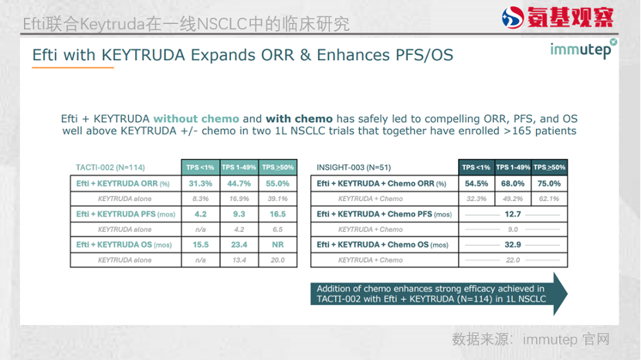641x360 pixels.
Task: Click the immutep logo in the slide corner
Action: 583,49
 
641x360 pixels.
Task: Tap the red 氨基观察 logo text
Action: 570,17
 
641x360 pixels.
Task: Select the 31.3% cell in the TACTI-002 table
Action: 200,184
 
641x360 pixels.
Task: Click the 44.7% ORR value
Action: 239,184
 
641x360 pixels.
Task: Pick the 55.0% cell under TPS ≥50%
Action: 277,184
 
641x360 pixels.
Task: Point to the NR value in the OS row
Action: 277,245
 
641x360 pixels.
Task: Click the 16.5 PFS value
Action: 277,214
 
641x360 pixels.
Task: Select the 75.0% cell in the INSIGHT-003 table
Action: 549,184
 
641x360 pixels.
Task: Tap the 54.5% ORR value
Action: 477,184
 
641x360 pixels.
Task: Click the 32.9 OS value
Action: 513,245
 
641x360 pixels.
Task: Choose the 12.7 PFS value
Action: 513,214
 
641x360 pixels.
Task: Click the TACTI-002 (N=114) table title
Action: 110,168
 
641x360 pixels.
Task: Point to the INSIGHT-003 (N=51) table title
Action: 354,168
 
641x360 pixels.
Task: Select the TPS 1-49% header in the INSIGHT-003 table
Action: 513,168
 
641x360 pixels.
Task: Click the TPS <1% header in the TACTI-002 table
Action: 200,168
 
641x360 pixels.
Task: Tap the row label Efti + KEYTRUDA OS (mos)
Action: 124,245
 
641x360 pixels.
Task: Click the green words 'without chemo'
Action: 196,119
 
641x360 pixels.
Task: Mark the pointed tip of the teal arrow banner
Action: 568,294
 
